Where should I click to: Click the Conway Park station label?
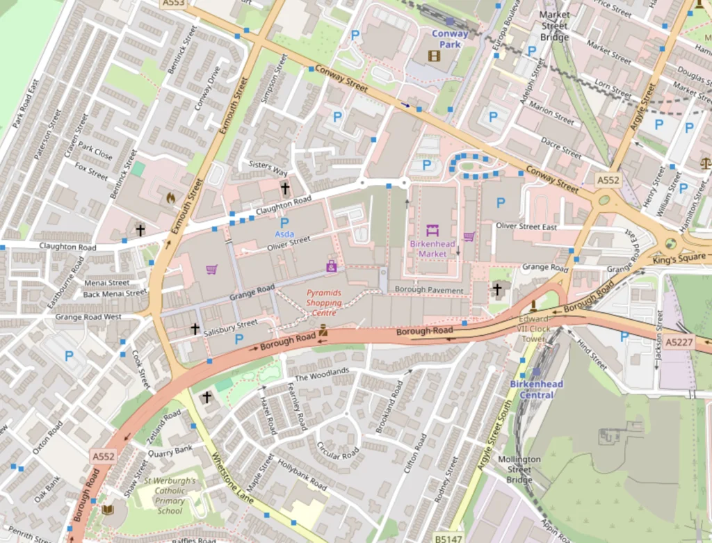coord(450,39)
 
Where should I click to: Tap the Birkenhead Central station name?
coord(537,389)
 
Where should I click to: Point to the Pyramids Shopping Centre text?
coord(324,303)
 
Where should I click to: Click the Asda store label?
coord(284,234)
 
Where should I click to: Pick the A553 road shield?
coord(173,3)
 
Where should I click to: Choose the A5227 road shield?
coord(679,342)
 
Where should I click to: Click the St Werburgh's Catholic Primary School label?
coord(170,496)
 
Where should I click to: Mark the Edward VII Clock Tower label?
coord(533,329)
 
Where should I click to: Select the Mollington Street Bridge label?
coord(519,469)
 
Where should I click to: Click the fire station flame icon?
coord(170,198)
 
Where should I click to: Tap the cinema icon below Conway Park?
coord(434,56)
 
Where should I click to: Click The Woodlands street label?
coord(322,374)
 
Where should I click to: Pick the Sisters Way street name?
coord(268,168)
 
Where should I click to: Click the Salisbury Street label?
coord(231,327)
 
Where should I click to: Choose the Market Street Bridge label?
coord(554,26)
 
